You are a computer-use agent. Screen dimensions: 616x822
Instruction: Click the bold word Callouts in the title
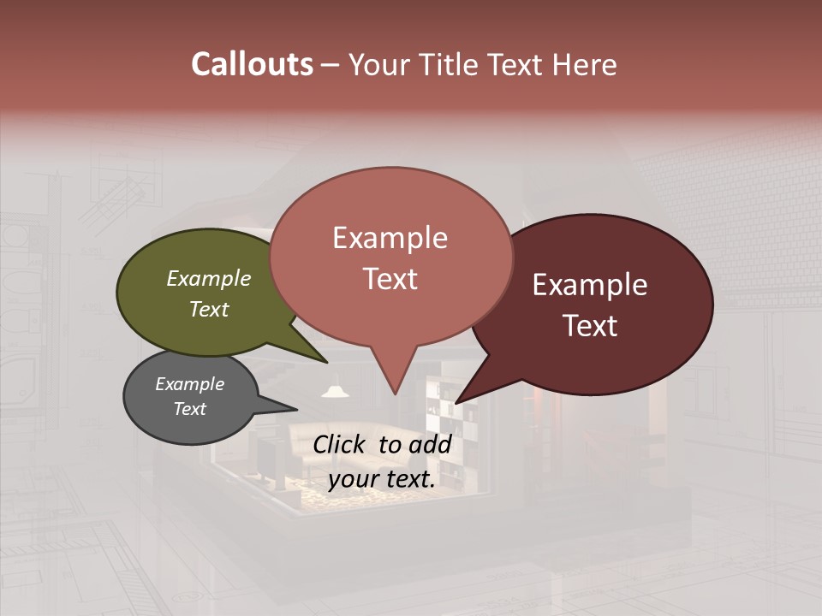tap(252, 64)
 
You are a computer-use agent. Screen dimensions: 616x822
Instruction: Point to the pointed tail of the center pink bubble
tap(395, 381)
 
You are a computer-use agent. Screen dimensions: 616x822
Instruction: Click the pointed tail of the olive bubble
tap(317, 355)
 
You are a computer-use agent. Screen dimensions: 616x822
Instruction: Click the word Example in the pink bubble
tap(390, 238)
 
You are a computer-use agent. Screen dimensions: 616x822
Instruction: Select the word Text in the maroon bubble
tap(590, 326)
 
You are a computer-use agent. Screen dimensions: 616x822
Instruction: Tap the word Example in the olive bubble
tap(208, 279)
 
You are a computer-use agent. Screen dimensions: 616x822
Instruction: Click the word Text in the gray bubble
tap(189, 409)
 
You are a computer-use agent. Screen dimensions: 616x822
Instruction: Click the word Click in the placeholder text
tap(341, 444)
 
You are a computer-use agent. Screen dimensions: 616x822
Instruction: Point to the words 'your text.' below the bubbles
tap(382, 480)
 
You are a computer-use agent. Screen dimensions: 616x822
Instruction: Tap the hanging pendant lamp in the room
tap(336, 391)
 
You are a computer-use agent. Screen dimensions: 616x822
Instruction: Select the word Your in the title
tap(378, 64)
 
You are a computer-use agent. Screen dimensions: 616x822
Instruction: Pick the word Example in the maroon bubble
tap(590, 285)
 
